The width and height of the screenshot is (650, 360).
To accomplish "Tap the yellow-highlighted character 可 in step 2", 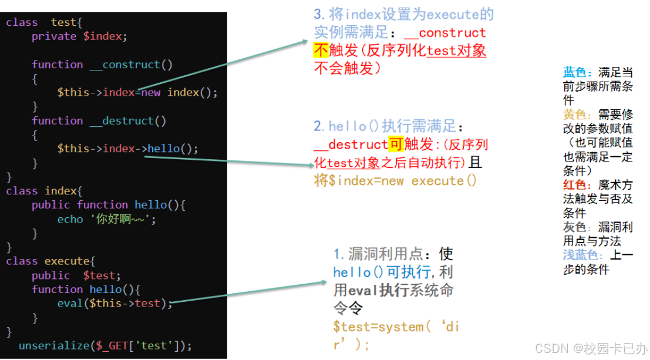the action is coord(396,144).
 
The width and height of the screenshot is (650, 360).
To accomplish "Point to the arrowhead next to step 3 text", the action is coord(306,41).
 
